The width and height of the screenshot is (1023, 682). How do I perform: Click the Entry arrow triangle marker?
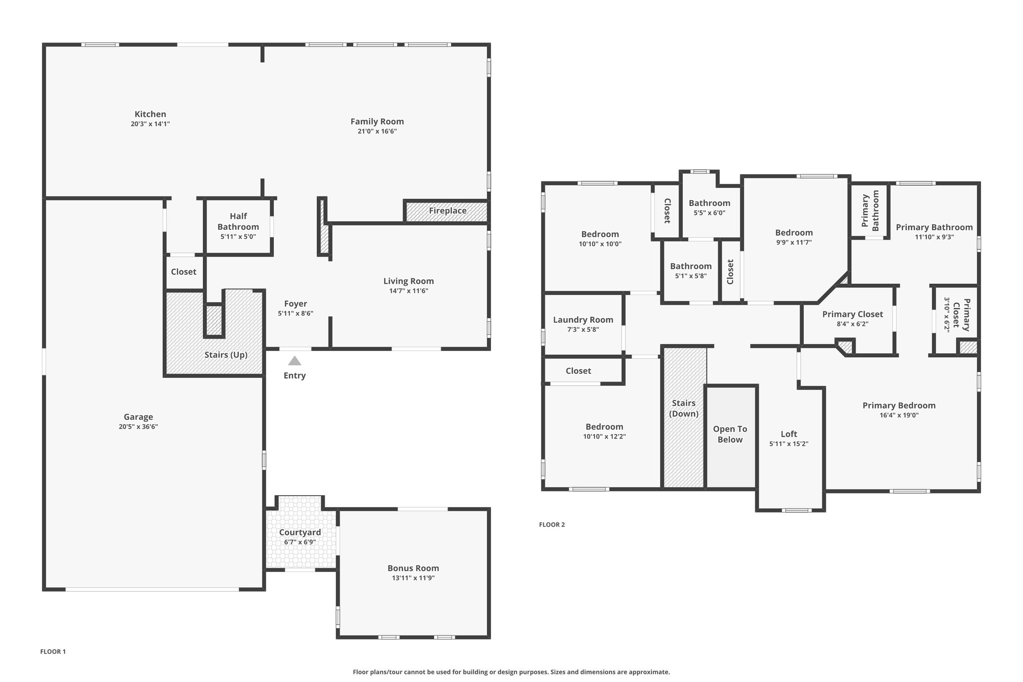tap(295, 361)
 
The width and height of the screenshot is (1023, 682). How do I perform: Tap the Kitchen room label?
tap(150, 114)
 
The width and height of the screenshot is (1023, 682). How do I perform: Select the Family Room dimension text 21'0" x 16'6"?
tap(377, 131)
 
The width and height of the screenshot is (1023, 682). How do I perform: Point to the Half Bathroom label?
tap(238, 221)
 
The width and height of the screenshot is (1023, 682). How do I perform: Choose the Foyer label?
tap(296, 304)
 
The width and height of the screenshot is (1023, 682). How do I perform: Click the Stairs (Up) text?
tap(226, 355)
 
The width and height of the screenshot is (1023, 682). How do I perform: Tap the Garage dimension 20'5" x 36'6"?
tap(138, 427)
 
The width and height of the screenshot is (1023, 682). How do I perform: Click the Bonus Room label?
tap(413, 568)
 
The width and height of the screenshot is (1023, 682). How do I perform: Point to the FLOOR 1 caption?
tap(53, 652)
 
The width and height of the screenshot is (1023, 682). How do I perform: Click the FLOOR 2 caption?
tap(552, 525)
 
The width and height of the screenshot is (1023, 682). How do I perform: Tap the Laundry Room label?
tap(583, 320)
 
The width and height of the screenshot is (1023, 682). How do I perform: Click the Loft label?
tap(789, 434)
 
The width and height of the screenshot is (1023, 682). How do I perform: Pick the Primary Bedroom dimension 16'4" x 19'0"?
tap(899, 415)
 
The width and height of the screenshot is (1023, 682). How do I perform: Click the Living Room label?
tap(409, 281)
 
